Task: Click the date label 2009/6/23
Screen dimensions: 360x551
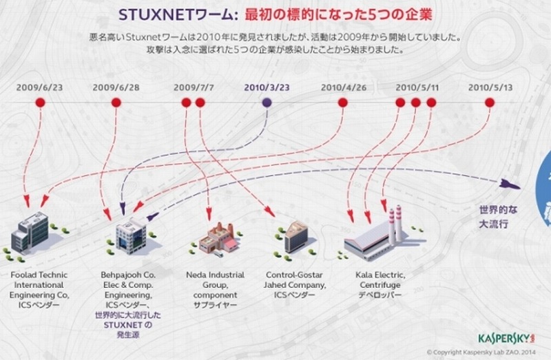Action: tap(41, 87)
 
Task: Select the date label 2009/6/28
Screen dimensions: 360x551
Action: tap(116, 87)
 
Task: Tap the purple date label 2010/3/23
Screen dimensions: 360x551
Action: tap(267, 87)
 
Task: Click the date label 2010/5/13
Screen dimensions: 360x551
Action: tap(490, 87)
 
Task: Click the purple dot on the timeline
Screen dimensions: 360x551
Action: tap(267, 103)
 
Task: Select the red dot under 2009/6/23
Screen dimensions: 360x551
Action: tap(41, 103)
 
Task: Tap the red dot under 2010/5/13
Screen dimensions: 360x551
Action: tap(490, 103)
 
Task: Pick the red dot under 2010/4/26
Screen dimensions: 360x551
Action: tap(342, 103)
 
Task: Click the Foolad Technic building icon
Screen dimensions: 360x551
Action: tap(30, 232)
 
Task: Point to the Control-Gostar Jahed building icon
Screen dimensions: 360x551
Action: tap(297, 235)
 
